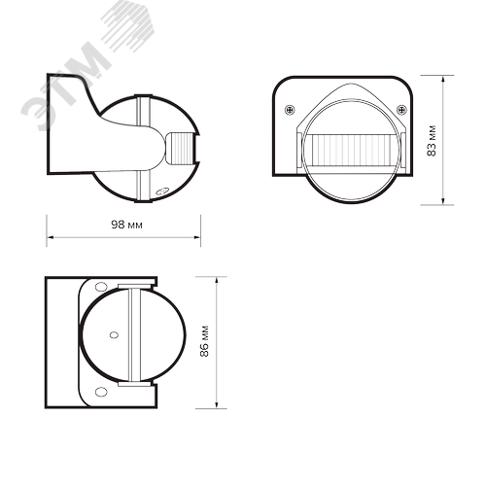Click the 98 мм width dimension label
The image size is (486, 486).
tap(123, 225)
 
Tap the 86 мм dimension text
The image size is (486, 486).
tap(203, 345)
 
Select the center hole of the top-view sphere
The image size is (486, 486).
tap(115, 336)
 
